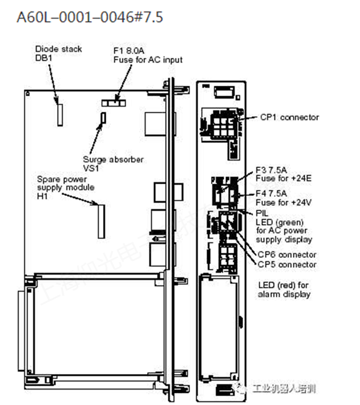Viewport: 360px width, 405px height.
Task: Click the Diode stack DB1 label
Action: tap(58, 54)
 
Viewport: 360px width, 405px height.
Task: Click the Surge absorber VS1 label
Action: tap(113, 164)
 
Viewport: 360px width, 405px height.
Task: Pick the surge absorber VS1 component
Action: tap(102, 117)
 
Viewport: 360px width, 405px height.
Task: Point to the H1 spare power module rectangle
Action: tap(101, 221)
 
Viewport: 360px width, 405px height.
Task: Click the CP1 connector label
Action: tap(289, 117)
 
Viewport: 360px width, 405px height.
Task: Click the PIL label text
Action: tap(262, 212)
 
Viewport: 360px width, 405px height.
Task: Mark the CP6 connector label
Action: tap(286, 255)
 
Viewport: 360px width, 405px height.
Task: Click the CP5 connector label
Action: tap(286, 264)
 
